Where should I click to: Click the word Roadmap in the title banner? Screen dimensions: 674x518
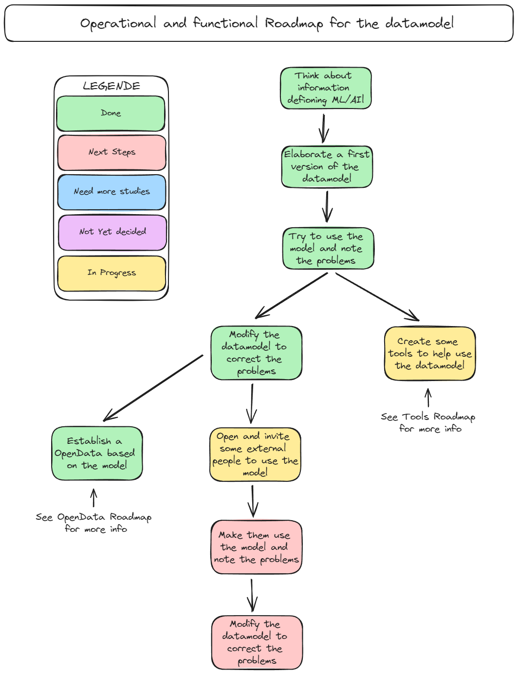294,23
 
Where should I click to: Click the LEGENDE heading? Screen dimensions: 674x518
111,86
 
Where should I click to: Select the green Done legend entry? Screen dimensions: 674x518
111,113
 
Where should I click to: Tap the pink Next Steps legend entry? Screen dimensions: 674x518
112,152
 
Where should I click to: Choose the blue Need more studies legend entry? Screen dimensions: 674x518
112,192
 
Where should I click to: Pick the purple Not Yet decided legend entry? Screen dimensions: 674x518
112,232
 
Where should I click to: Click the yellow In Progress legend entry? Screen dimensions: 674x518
112,273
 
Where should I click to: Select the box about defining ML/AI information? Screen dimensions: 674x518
326,88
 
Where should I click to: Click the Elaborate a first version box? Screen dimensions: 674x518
327,166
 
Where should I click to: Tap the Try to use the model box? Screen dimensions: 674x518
328,248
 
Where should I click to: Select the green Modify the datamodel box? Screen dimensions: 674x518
256,353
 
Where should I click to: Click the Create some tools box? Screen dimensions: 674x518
429,353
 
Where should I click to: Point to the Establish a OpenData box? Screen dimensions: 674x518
97,453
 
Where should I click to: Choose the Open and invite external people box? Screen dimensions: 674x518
255,455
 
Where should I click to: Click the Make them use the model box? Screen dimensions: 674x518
256,547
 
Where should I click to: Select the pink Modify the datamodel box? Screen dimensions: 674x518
257,642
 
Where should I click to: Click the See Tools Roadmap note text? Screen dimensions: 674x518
428,422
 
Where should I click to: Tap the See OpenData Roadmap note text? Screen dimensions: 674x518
94,523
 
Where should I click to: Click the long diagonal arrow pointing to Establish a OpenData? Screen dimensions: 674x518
153,388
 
